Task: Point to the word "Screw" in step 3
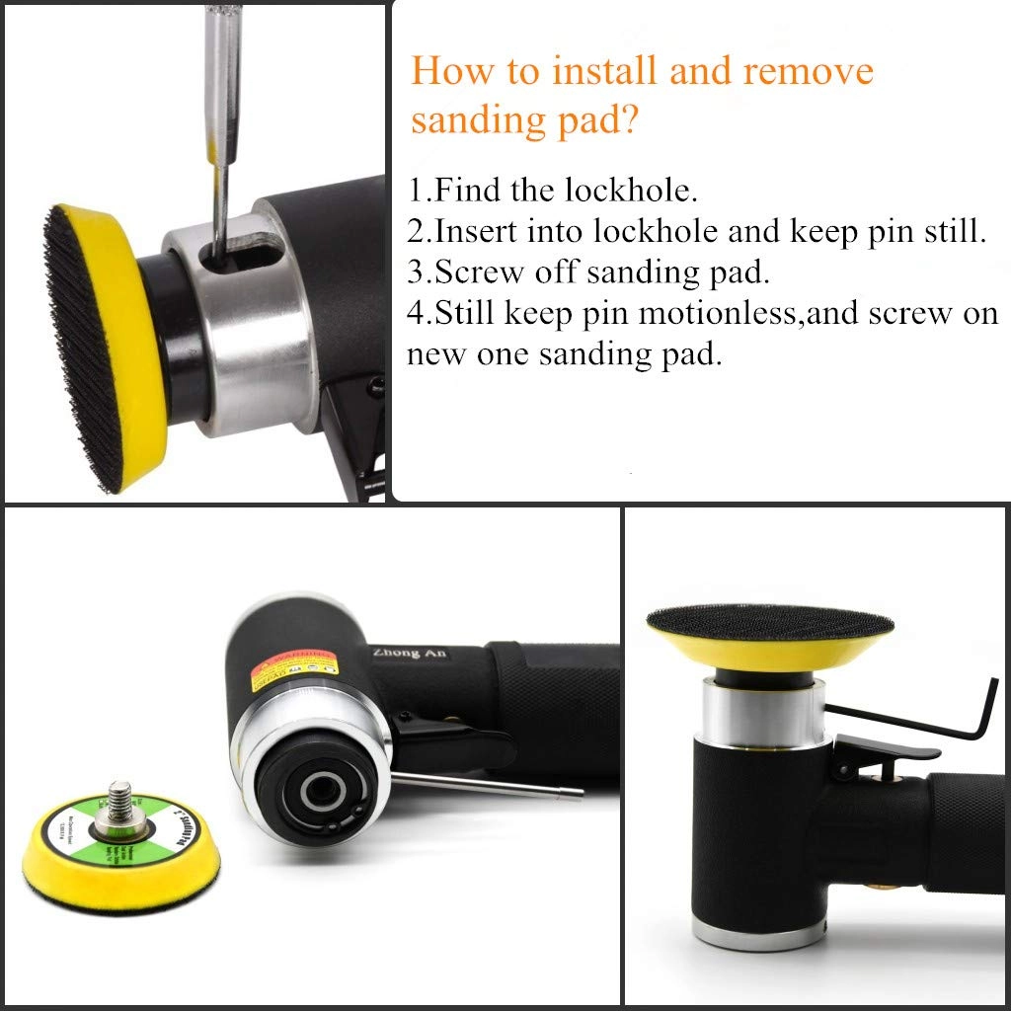480,272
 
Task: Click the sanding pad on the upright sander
769,637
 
